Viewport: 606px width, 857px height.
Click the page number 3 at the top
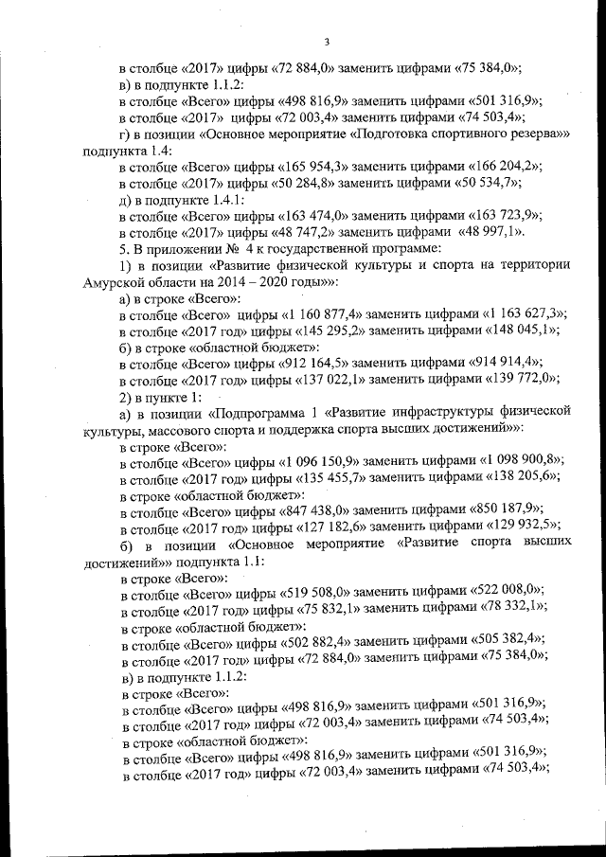click(x=325, y=41)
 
